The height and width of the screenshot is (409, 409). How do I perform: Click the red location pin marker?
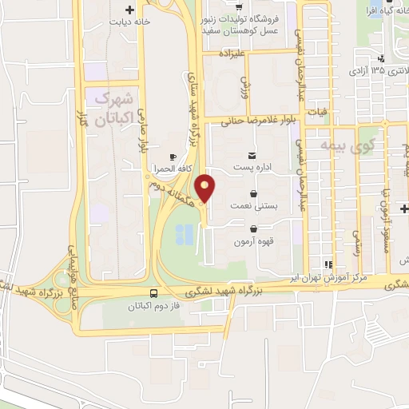pos(206,189)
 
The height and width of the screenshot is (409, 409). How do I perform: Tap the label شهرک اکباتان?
pos(113,110)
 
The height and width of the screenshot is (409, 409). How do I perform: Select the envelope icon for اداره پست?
pos(253,156)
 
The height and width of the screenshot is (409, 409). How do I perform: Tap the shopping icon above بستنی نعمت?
pos(253,193)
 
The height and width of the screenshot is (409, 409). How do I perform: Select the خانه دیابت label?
pos(131,22)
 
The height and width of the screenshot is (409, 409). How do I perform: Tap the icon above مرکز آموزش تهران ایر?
pos(327,264)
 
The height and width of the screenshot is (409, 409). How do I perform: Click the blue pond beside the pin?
pos(185,233)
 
